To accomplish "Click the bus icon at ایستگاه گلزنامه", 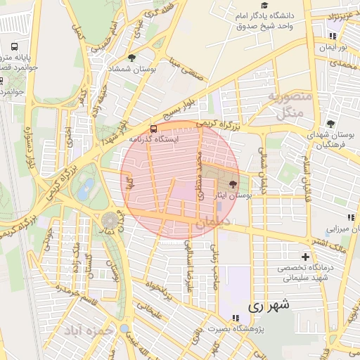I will point(153,129).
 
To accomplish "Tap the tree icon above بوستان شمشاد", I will point(132,58).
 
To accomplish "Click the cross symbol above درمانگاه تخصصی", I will point(305,257).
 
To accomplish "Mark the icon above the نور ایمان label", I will point(332,36).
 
